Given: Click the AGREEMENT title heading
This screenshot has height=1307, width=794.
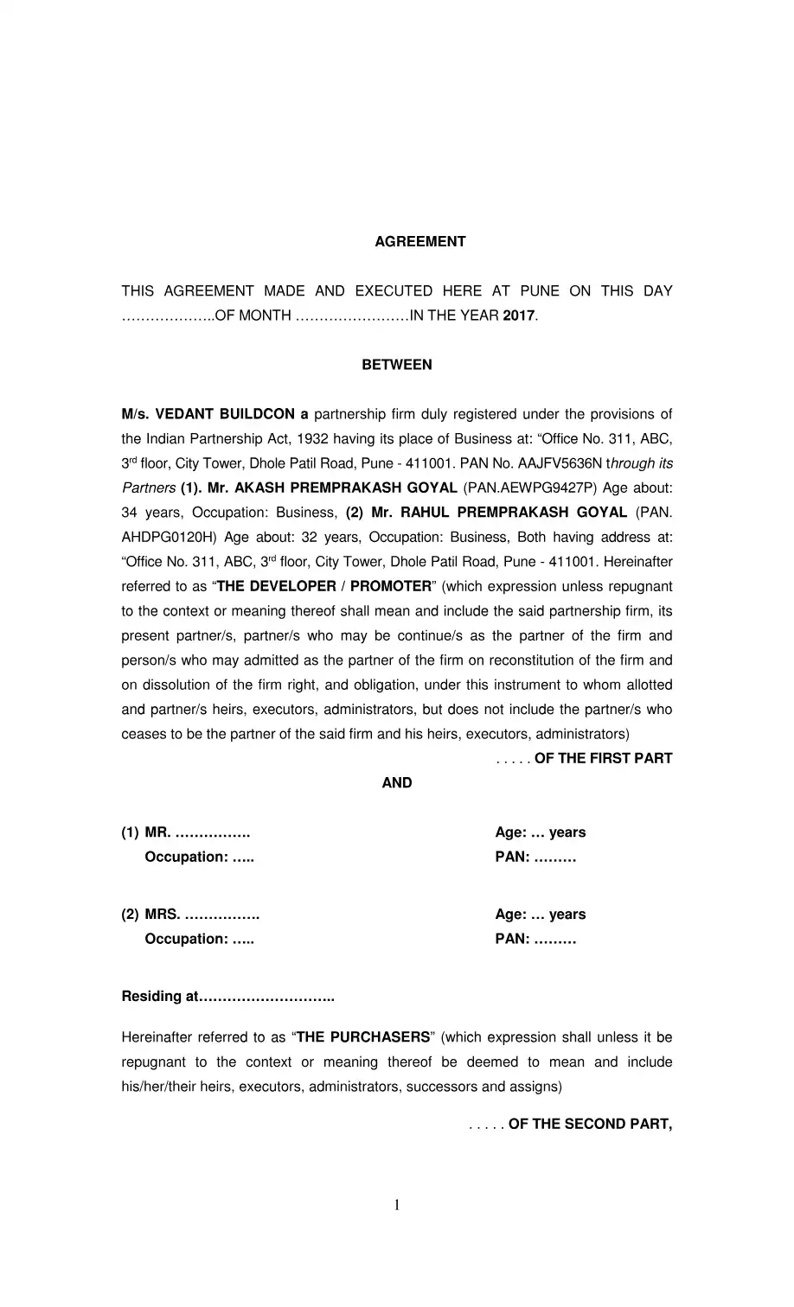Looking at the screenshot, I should pos(419,242).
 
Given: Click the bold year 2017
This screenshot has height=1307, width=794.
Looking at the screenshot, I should pos(519,316).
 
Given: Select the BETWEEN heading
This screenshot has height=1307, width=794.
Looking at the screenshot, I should pos(397,365).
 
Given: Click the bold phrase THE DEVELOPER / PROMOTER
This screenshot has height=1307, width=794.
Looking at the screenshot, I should pos(323,586).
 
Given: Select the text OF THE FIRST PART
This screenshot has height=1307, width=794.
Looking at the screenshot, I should pos(603,758).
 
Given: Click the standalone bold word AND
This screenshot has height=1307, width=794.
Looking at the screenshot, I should pos(397,783).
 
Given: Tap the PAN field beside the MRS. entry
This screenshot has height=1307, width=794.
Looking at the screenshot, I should pos(535,939).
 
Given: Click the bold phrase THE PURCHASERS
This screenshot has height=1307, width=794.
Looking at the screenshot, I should pos(363,1037).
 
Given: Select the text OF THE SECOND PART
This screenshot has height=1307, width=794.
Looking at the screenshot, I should pos(590,1124).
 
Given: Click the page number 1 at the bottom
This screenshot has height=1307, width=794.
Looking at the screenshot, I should pos(397,1205).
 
